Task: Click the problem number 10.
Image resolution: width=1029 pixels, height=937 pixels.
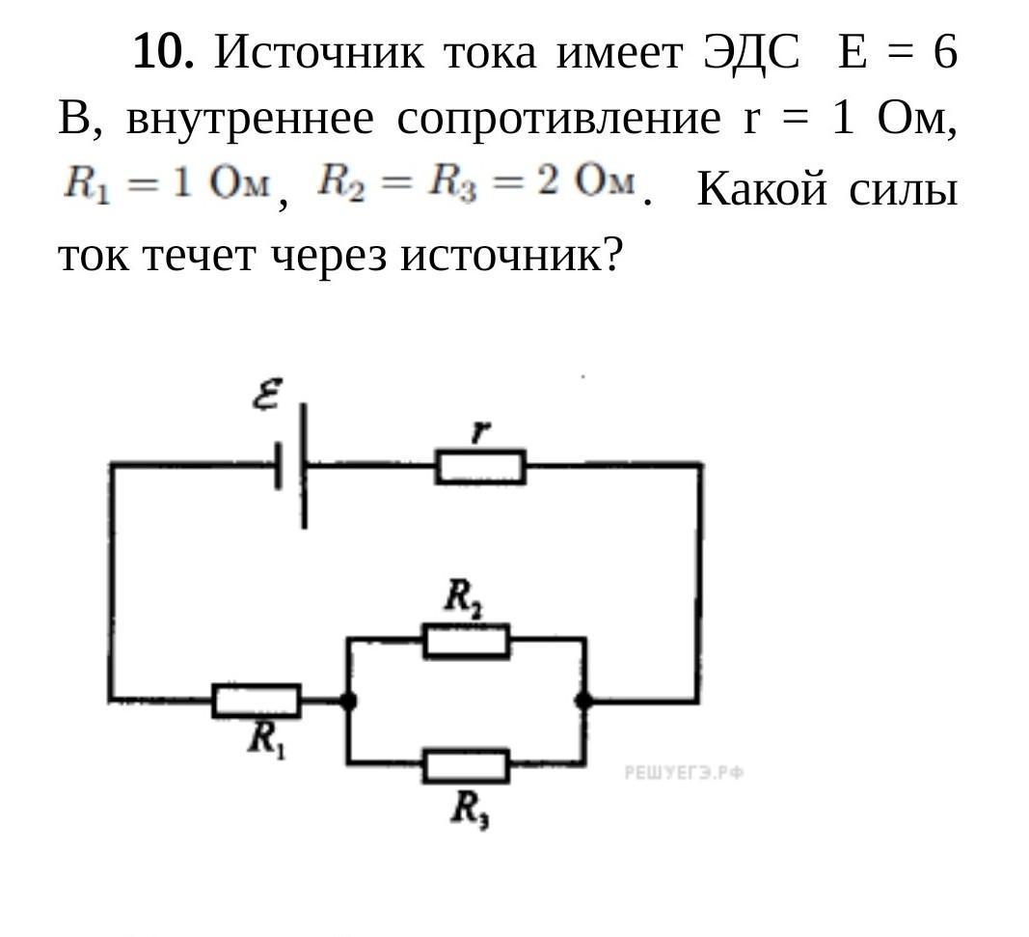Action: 163,51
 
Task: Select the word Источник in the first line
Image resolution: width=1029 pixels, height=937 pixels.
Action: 319,51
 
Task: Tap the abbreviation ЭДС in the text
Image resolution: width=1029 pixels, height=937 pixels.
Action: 751,52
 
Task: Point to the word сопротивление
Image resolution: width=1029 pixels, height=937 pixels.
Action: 558,121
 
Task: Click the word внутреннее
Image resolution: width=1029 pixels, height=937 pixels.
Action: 250,120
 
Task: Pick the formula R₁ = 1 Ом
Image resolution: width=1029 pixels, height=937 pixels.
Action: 167,182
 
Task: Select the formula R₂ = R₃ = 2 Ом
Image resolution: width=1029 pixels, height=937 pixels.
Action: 476,181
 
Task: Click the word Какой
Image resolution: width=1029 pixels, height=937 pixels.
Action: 761,189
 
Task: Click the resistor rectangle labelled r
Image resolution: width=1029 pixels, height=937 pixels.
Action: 480,467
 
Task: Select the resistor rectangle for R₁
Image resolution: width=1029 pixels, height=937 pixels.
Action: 257,701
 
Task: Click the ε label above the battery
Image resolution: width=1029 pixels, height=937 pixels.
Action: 267,394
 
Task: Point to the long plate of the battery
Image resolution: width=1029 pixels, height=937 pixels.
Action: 304,465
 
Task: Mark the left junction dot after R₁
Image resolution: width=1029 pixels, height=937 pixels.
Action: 348,702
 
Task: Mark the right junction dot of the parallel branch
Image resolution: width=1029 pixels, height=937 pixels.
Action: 583,702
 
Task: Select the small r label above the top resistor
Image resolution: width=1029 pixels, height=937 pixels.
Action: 481,431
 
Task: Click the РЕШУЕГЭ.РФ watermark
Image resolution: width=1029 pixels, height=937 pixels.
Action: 684,773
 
